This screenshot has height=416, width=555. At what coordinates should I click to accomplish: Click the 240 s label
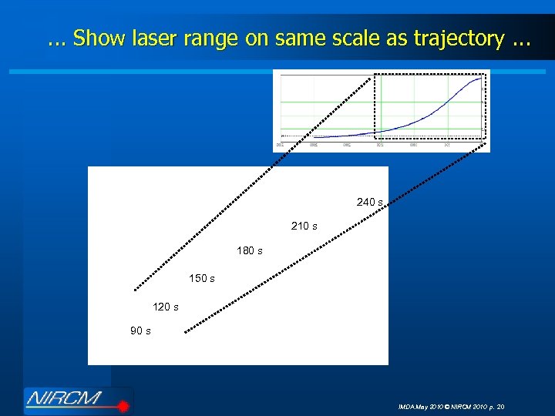coord(369,202)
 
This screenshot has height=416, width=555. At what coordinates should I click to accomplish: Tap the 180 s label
coord(249,251)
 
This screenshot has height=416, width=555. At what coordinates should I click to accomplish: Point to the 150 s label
coord(202,278)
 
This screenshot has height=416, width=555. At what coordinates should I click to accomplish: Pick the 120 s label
coord(166,307)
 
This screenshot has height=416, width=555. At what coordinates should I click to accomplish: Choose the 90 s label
coord(140,331)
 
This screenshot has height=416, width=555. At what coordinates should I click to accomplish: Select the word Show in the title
coord(96,39)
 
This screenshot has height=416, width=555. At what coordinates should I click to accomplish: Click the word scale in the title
coord(354,39)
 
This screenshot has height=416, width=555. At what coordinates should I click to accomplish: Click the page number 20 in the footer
coord(500,406)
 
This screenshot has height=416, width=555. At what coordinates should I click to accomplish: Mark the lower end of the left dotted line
coord(135,290)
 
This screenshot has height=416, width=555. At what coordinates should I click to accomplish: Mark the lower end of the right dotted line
coord(185,332)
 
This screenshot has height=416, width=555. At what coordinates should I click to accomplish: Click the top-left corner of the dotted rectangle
coord(375,74)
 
